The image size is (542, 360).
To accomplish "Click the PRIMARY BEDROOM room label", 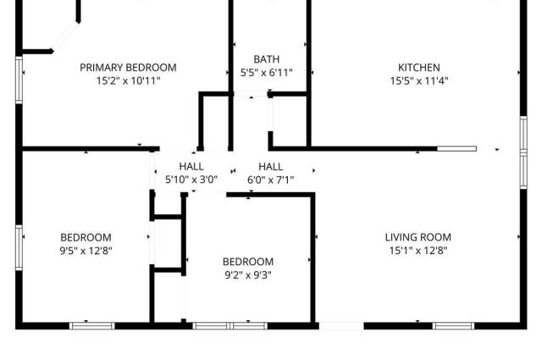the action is pyautogui.click(x=128, y=68).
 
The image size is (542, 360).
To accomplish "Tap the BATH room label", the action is pyautogui.click(x=267, y=59).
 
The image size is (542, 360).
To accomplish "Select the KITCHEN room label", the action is pyautogui.click(x=419, y=68).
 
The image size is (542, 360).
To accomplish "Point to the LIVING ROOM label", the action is pyautogui.click(x=418, y=237).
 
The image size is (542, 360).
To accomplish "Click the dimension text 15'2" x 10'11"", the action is pyautogui.click(x=128, y=81).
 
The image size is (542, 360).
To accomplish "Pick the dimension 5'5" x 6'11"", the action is pyautogui.click(x=267, y=73).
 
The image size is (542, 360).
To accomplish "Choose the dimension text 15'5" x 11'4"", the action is pyautogui.click(x=419, y=81).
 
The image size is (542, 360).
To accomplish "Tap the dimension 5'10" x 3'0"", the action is pyautogui.click(x=191, y=180).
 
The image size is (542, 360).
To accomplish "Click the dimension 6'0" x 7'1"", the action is pyautogui.click(x=271, y=180).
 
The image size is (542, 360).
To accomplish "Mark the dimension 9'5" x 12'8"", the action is pyautogui.click(x=86, y=251).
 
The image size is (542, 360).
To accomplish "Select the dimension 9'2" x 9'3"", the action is pyautogui.click(x=248, y=275).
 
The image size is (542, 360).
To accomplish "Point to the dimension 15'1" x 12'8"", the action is pyautogui.click(x=418, y=251).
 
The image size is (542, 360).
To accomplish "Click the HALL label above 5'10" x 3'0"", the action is pyautogui.click(x=191, y=166).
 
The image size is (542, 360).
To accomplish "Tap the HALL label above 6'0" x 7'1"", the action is pyautogui.click(x=271, y=167).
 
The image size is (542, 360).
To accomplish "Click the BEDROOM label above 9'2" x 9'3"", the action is pyautogui.click(x=248, y=262).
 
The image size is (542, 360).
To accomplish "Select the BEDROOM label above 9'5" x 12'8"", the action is pyautogui.click(x=86, y=237).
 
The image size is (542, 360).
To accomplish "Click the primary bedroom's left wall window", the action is pyautogui.click(x=19, y=80).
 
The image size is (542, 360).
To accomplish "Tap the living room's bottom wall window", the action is pyautogui.click(x=453, y=326).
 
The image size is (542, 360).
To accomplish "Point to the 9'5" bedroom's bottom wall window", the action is pyautogui.click(x=92, y=326).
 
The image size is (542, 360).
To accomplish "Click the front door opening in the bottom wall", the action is pyautogui.click(x=341, y=326).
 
